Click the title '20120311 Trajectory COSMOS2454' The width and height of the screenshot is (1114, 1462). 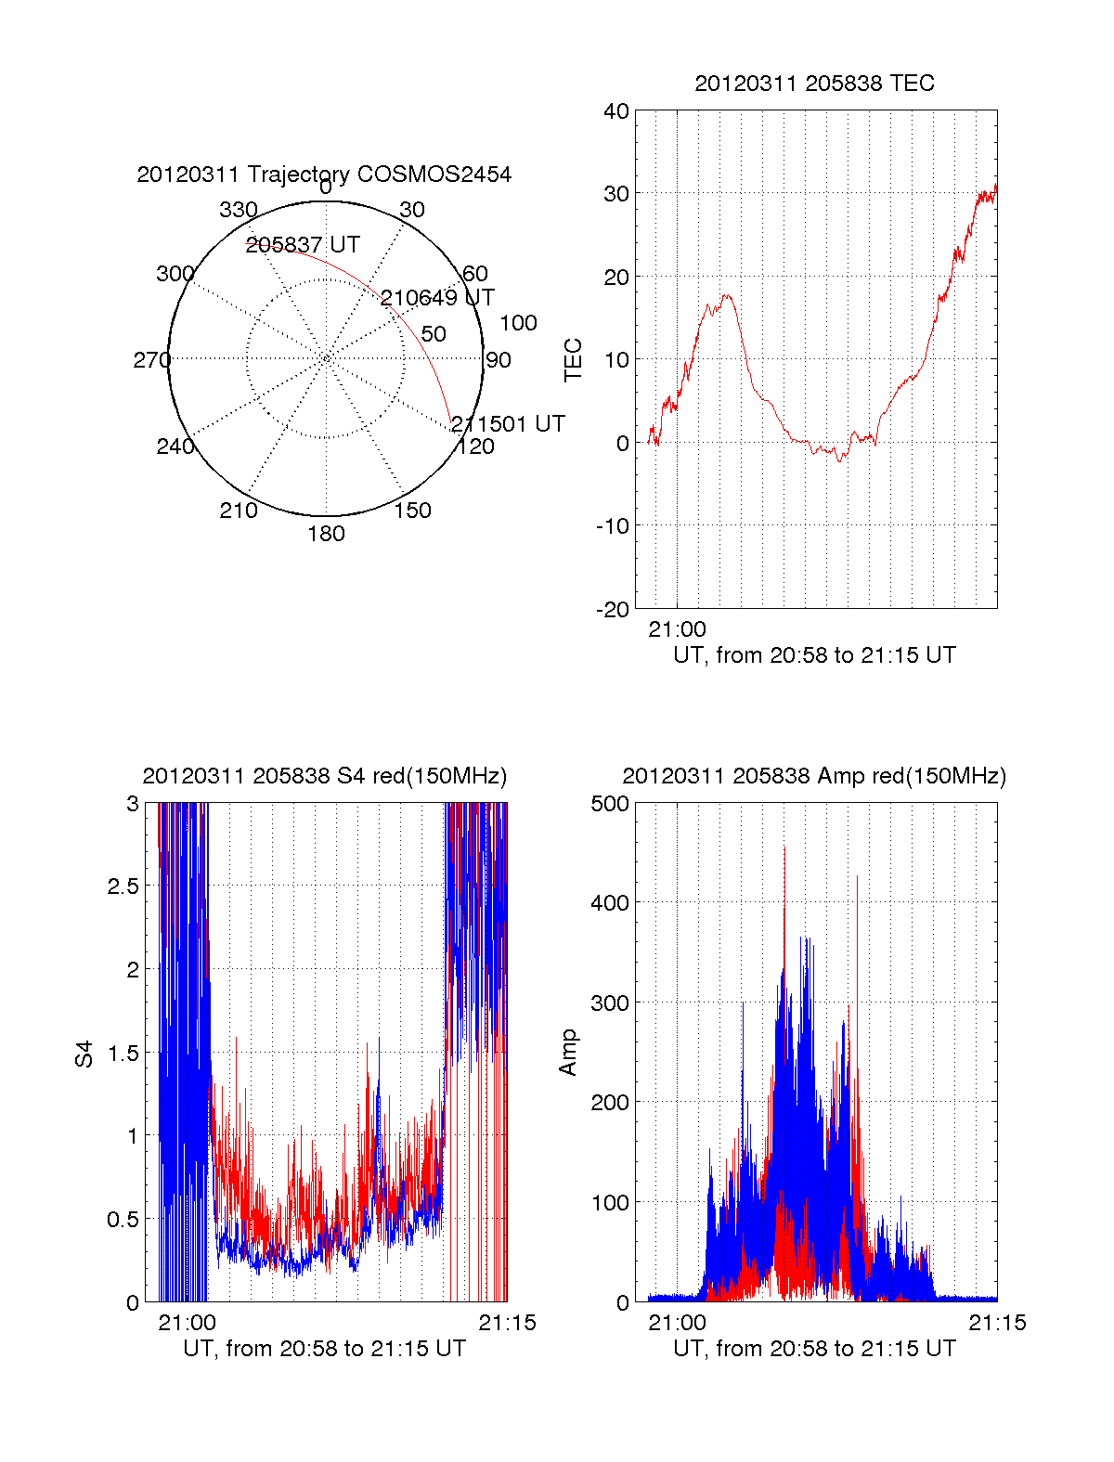(x=324, y=175)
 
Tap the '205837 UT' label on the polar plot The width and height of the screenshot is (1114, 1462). (x=303, y=245)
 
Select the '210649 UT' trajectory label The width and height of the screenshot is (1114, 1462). (x=437, y=298)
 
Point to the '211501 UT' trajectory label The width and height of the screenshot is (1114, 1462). (x=508, y=424)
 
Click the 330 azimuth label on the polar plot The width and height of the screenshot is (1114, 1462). (x=238, y=210)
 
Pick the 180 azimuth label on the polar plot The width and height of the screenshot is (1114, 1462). (x=326, y=534)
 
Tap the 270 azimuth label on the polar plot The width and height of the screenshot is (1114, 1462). (x=151, y=360)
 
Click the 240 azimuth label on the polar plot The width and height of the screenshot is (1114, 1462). (x=175, y=447)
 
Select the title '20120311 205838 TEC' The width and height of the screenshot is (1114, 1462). (x=814, y=84)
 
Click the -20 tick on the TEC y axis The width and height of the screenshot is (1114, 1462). (x=613, y=610)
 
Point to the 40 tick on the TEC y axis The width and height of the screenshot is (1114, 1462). (x=616, y=112)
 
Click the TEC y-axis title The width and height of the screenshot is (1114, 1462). (x=574, y=360)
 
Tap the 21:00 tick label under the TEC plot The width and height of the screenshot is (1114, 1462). (x=677, y=629)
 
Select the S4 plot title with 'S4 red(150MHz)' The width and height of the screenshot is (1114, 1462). (x=324, y=776)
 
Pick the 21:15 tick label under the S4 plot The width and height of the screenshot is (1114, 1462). (x=507, y=1323)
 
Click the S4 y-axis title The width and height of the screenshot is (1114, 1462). (x=84, y=1054)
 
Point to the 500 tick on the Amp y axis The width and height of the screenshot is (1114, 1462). (x=610, y=804)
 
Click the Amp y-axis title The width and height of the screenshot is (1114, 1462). (x=568, y=1053)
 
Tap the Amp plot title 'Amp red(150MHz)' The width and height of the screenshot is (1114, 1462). (x=814, y=776)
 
